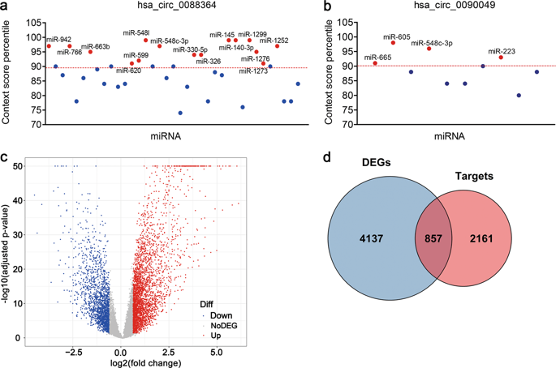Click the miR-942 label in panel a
point(59,39)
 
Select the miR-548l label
point(136,32)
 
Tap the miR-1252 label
point(275,40)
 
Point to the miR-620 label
point(128,71)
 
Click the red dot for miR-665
point(375,63)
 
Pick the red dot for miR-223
point(501,58)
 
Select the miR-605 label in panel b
point(397,36)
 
